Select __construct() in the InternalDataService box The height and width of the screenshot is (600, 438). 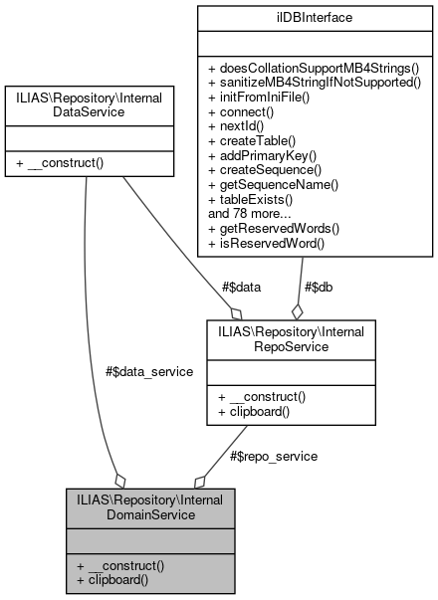click(x=63, y=158)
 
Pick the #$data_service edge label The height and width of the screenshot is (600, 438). click(x=148, y=370)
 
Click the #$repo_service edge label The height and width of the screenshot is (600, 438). click(x=273, y=456)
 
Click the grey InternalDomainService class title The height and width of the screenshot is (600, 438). click(x=151, y=504)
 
